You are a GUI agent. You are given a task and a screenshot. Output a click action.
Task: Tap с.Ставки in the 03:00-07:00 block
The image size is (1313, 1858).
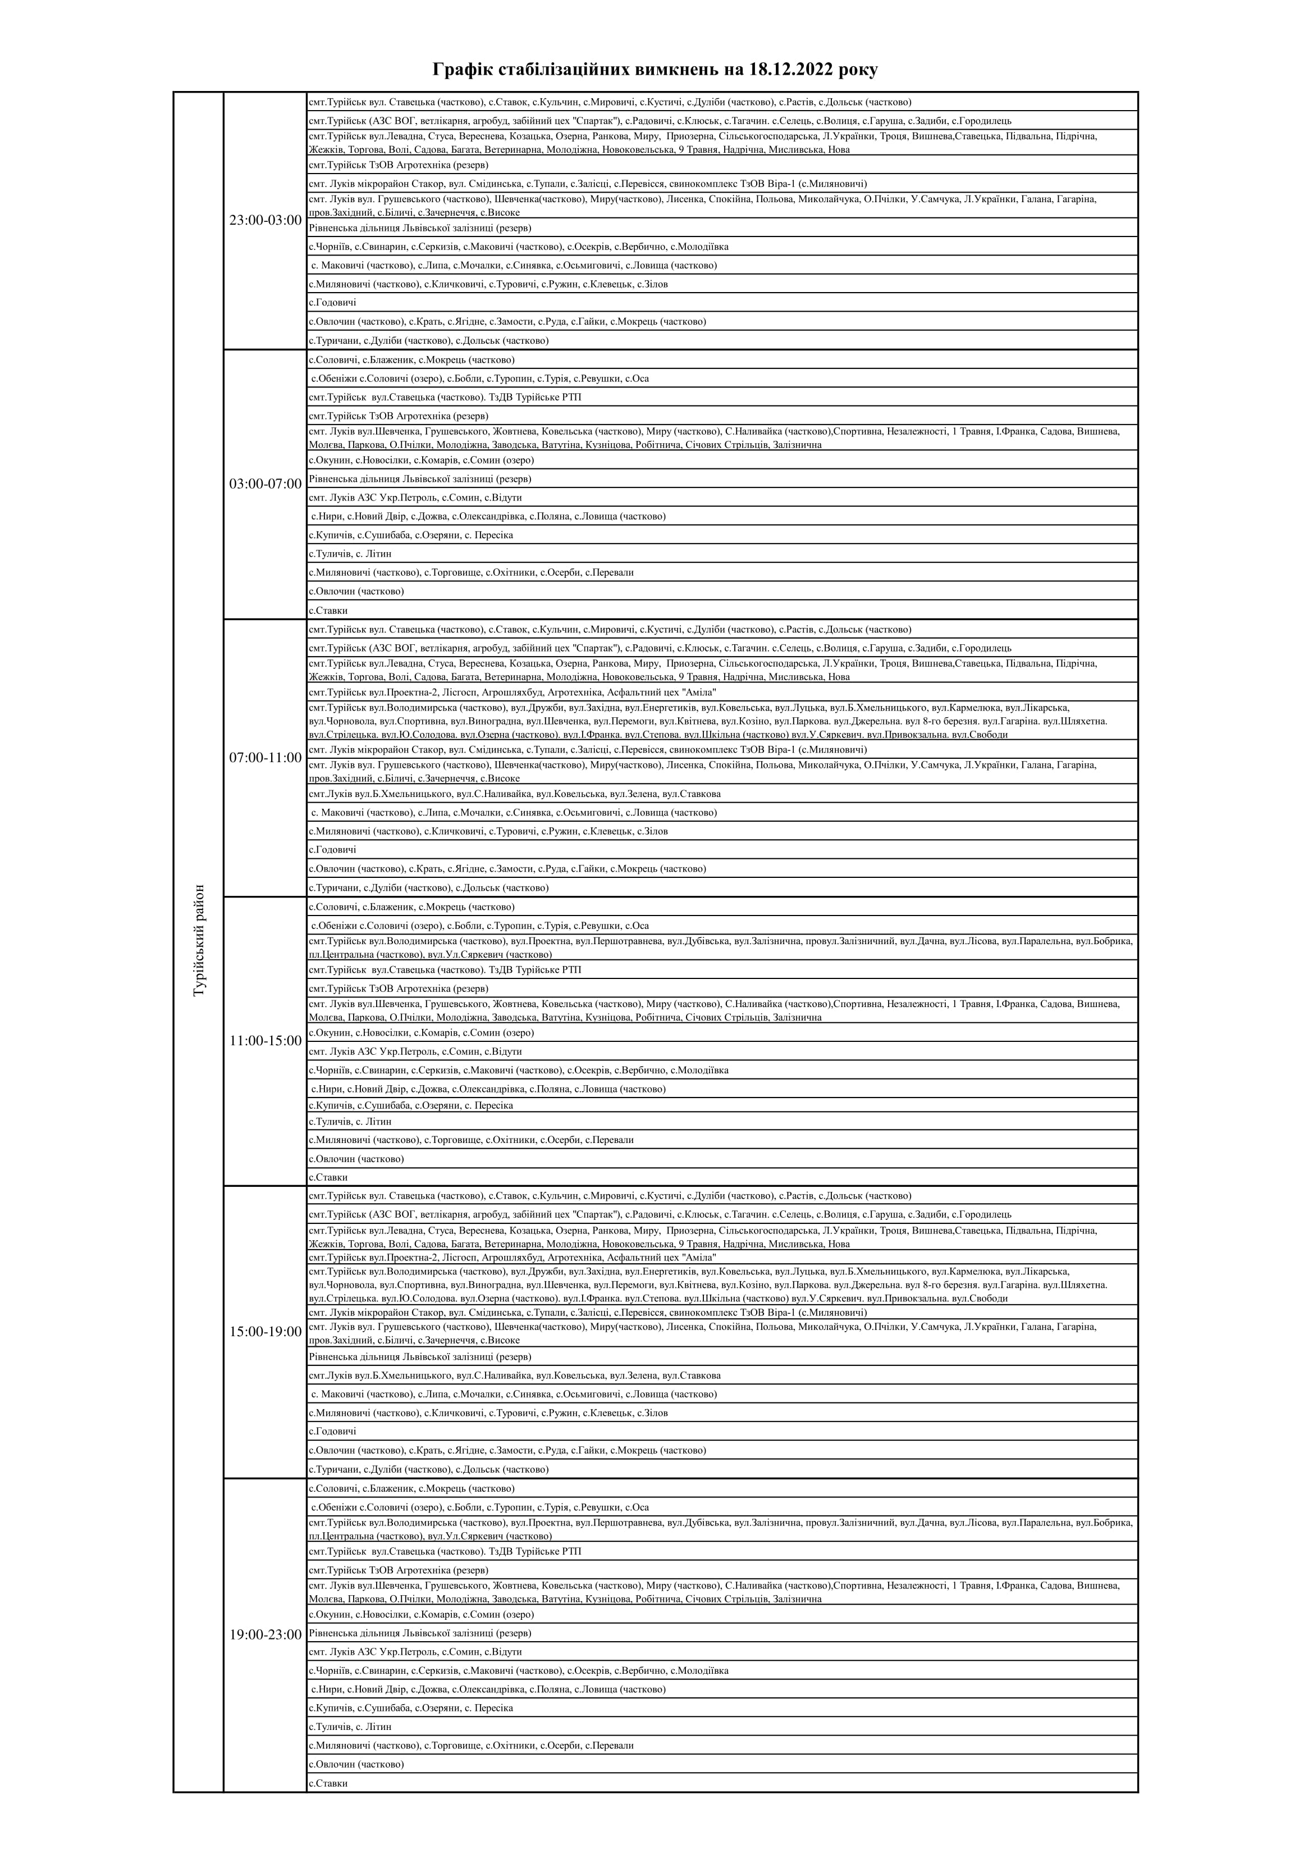pyautogui.click(x=328, y=610)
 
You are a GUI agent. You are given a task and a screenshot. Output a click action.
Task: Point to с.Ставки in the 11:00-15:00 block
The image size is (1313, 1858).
pyautogui.click(x=328, y=1177)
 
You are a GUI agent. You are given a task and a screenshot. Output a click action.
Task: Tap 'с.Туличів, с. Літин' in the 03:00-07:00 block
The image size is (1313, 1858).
pyautogui.click(x=350, y=553)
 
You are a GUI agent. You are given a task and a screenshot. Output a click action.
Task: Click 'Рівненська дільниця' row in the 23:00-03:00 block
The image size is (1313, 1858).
pyautogui.click(x=420, y=228)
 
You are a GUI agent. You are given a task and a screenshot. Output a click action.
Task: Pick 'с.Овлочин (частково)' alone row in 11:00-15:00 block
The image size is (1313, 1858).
pyautogui.click(x=357, y=1159)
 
